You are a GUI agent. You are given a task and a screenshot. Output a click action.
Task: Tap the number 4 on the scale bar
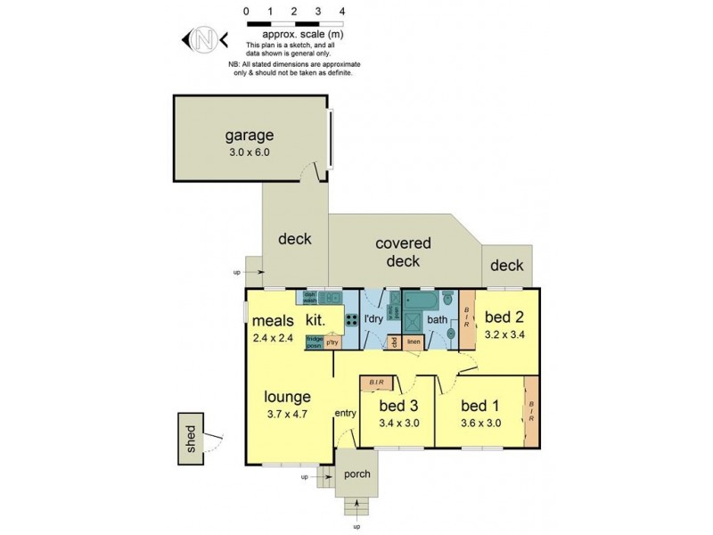pos(342,11)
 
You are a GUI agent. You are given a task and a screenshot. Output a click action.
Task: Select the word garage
pos(249,136)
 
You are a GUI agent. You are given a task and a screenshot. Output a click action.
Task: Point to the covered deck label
pos(403,251)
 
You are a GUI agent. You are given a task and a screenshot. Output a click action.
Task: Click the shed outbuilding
pos(190,438)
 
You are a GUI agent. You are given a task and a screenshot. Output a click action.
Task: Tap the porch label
pos(356,474)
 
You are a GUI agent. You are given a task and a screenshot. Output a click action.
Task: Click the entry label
pos(346,413)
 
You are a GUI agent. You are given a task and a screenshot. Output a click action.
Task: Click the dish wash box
pos(311,298)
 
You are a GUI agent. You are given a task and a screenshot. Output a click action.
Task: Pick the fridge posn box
pos(315,342)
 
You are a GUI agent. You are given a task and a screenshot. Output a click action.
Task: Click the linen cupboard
pos(414,342)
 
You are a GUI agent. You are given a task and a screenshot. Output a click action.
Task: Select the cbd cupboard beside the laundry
pos(393,342)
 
